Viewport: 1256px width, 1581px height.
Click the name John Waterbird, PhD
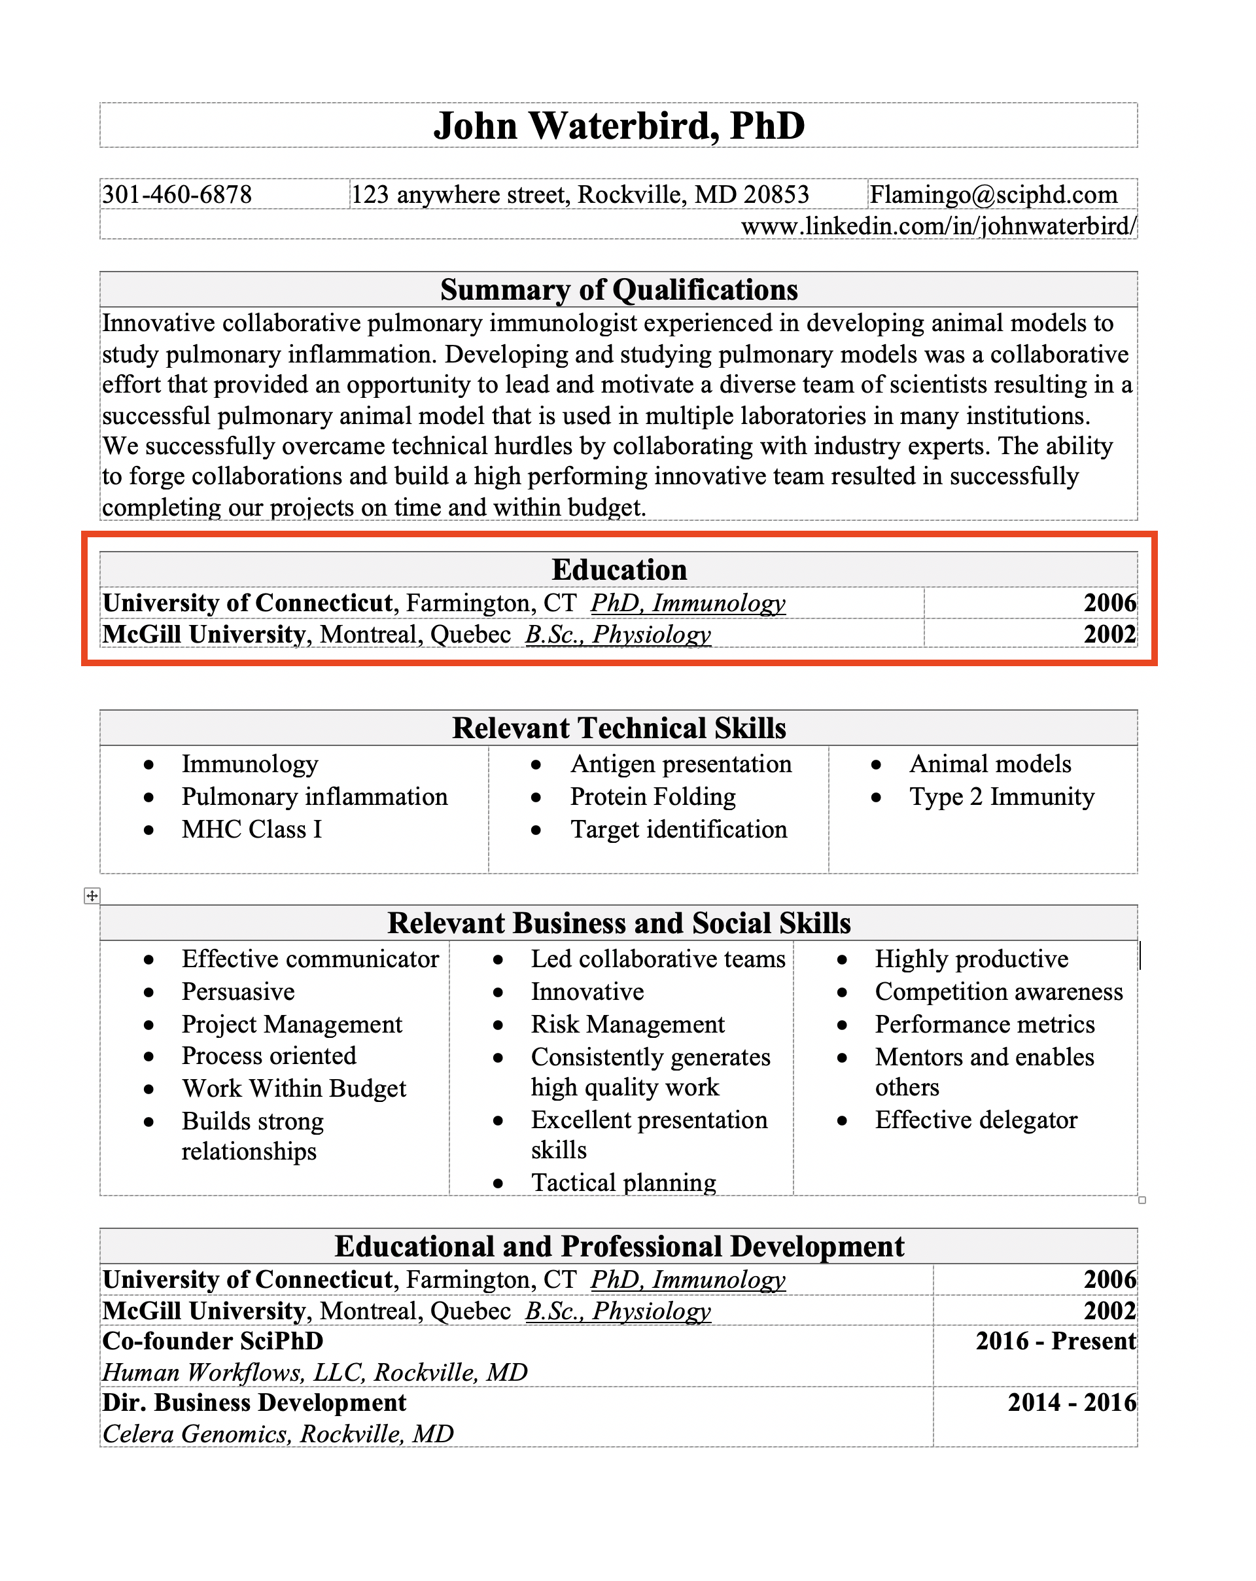618,126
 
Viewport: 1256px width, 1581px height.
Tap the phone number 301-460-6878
177,194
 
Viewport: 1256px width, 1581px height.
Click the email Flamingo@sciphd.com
993,194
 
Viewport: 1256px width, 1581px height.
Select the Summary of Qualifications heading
618,290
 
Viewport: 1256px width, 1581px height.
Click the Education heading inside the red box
618,570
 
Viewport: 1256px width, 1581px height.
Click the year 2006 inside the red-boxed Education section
1109,603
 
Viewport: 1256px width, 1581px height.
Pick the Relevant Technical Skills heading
618,728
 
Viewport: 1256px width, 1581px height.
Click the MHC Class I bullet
251,829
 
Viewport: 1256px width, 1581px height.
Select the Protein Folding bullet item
653,796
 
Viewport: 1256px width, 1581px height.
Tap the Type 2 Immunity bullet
1001,796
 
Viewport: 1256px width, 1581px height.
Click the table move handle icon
92,895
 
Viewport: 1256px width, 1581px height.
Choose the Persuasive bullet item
237,991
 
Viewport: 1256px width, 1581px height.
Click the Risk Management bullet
627,1023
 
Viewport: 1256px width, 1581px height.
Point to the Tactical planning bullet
623,1182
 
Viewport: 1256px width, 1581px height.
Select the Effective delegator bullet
975,1120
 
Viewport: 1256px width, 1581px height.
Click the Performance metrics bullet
984,1023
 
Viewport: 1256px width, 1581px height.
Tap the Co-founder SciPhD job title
213,1340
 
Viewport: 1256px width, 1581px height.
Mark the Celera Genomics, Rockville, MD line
278,1433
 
